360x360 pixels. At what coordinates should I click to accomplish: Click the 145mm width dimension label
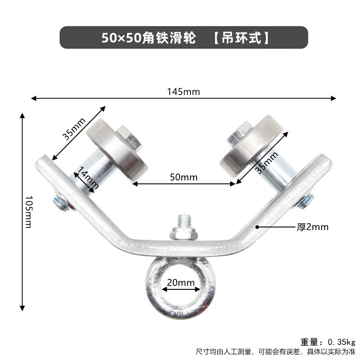[184, 92]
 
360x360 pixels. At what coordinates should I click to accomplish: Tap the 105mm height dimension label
[28, 211]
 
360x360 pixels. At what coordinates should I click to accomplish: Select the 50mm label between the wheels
[184, 177]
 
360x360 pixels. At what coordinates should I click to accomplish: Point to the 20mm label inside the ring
[180, 283]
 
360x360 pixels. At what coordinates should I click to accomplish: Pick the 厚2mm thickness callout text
[312, 227]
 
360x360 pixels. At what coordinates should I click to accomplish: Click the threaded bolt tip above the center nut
[184, 221]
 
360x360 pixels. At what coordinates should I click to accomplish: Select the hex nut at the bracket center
[184, 234]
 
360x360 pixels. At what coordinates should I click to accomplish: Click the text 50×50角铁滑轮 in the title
[148, 38]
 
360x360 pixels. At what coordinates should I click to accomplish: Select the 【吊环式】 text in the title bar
[241, 38]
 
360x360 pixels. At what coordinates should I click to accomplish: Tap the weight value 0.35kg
[342, 341]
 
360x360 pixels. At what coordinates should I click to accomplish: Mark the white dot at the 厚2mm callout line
[257, 227]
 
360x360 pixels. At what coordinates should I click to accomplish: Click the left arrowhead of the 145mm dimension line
[32, 98]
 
